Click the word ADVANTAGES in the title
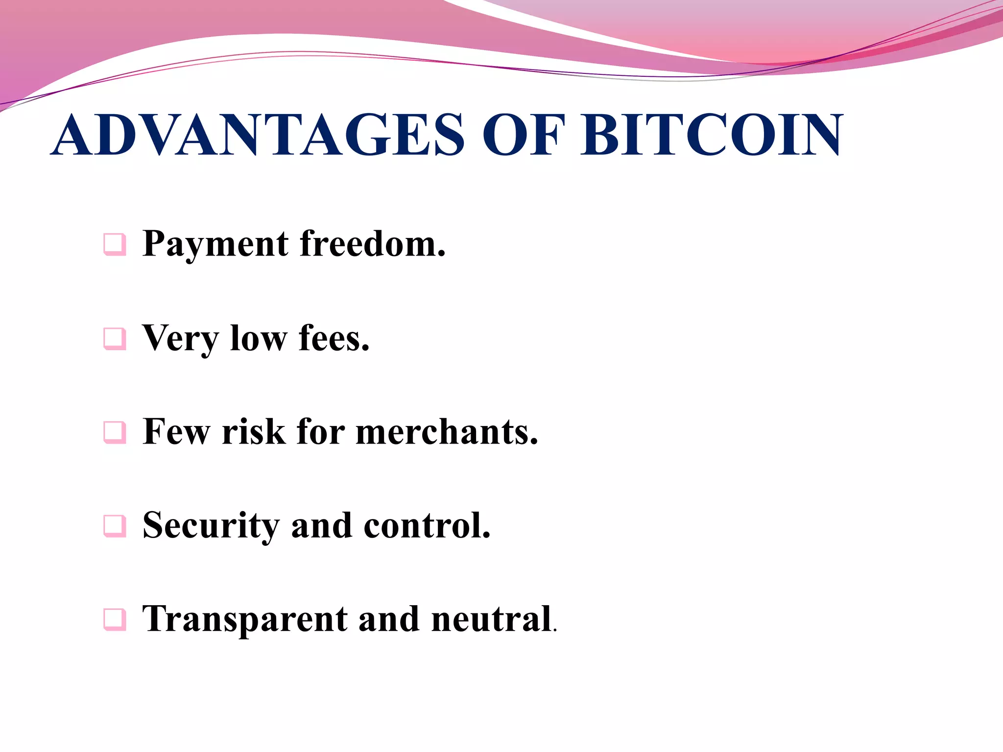(x=257, y=135)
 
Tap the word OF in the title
(x=523, y=135)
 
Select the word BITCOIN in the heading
(x=712, y=135)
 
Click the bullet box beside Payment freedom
(x=115, y=244)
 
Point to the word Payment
(x=215, y=244)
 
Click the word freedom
(x=372, y=243)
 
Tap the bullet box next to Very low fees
(x=115, y=338)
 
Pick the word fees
(x=334, y=338)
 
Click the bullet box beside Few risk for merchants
(x=115, y=432)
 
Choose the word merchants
(x=446, y=432)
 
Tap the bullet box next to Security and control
(x=115, y=526)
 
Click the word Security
(x=211, y=526)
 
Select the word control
(x=427, y=525)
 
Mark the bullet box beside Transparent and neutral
(x=115, y=620)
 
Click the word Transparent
(x=245, y=620)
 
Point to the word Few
(x=176, y=432)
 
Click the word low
(x=259, y=338)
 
